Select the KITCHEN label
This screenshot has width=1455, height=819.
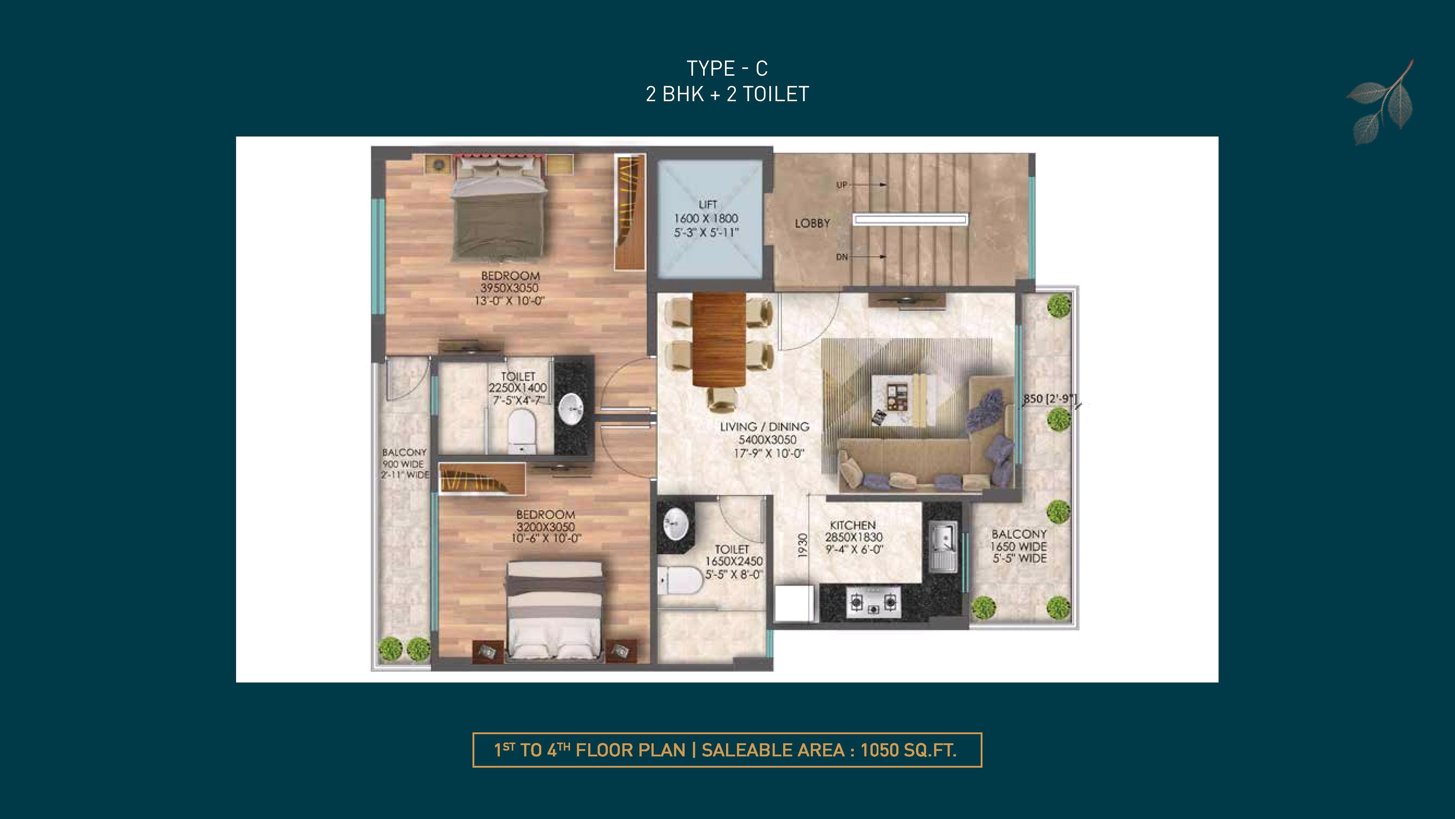853,525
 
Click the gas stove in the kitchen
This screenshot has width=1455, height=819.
874,602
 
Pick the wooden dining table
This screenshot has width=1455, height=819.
719,339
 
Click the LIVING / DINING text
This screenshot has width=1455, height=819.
764,427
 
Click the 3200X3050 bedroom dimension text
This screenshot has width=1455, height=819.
546,527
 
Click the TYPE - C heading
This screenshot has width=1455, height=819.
727,68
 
